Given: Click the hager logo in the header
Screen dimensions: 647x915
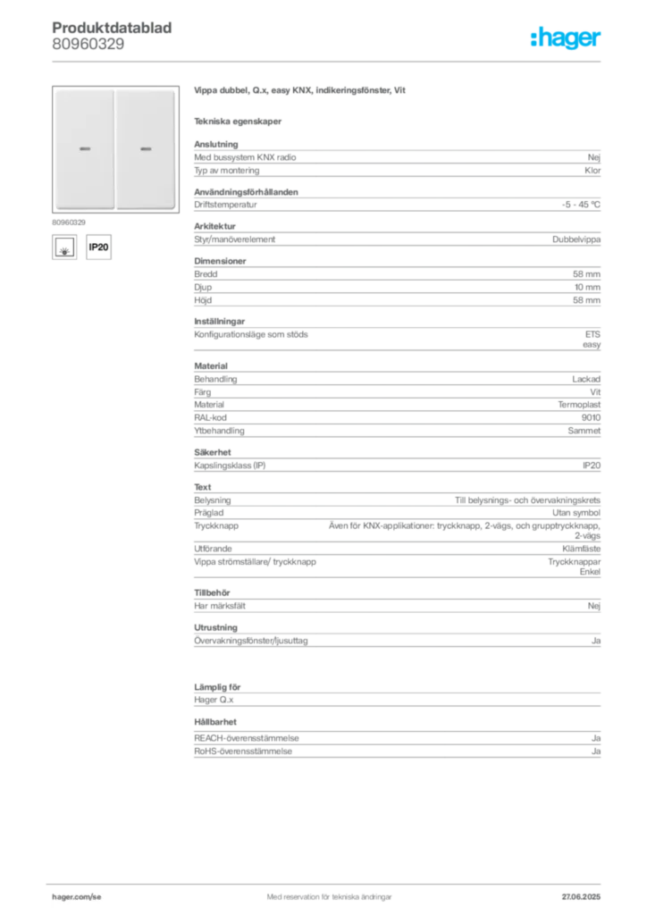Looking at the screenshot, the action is pyautogui.click(x=566, y=38).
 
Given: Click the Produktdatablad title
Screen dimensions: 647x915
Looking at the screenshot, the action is pyautogui.click(x=112, y=28).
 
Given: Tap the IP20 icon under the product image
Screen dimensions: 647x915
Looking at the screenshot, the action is pyautogui.click(x=98, y=247).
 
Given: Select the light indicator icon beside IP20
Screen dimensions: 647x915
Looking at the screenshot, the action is pyautogui.click(x=64, y=247).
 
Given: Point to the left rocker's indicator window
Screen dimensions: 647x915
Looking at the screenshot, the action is pyautogui.click(x=85, y=149).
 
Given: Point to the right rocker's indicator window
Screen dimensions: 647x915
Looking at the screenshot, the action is pyautogui.click(x=146, y=149).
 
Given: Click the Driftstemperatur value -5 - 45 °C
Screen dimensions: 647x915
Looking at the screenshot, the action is pyautogui.click(x=581, y=205).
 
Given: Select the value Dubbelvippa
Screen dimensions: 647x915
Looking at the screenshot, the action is pyautogui.click(x=576, y=239).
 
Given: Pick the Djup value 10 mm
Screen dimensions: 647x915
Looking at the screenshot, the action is pyautogui.click(x=587, y=287).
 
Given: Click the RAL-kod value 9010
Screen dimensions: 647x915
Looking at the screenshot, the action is pyautogui.click(x=591, y=418).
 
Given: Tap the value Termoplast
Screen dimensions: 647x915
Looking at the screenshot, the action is pyautogui.click(x=579, y=405).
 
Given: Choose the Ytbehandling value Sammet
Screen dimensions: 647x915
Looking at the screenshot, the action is pyautogui.click(x=584, y=431).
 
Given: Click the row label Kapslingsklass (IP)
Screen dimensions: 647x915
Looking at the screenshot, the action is pyautogui.click(x=230, y=466).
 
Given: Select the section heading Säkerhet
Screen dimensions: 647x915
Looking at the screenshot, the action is pyautogui.click(x=213, y=452).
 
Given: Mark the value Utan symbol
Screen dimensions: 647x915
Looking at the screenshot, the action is pyautogui.click(x=576, y=513).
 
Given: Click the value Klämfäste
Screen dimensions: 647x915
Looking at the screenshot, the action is pyautogui.click(x=581, y=549).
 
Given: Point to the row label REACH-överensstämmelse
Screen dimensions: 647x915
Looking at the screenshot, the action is pyautogui.click(x=246, y=738).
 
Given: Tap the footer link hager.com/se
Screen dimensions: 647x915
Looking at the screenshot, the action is pyautogui.click(x=77, y=897).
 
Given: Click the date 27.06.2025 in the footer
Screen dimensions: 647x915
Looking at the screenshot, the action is pyautogui.click(x=581, y=897).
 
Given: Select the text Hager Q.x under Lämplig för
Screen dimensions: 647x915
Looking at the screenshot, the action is pyautogui.click(x=214, y=700).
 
